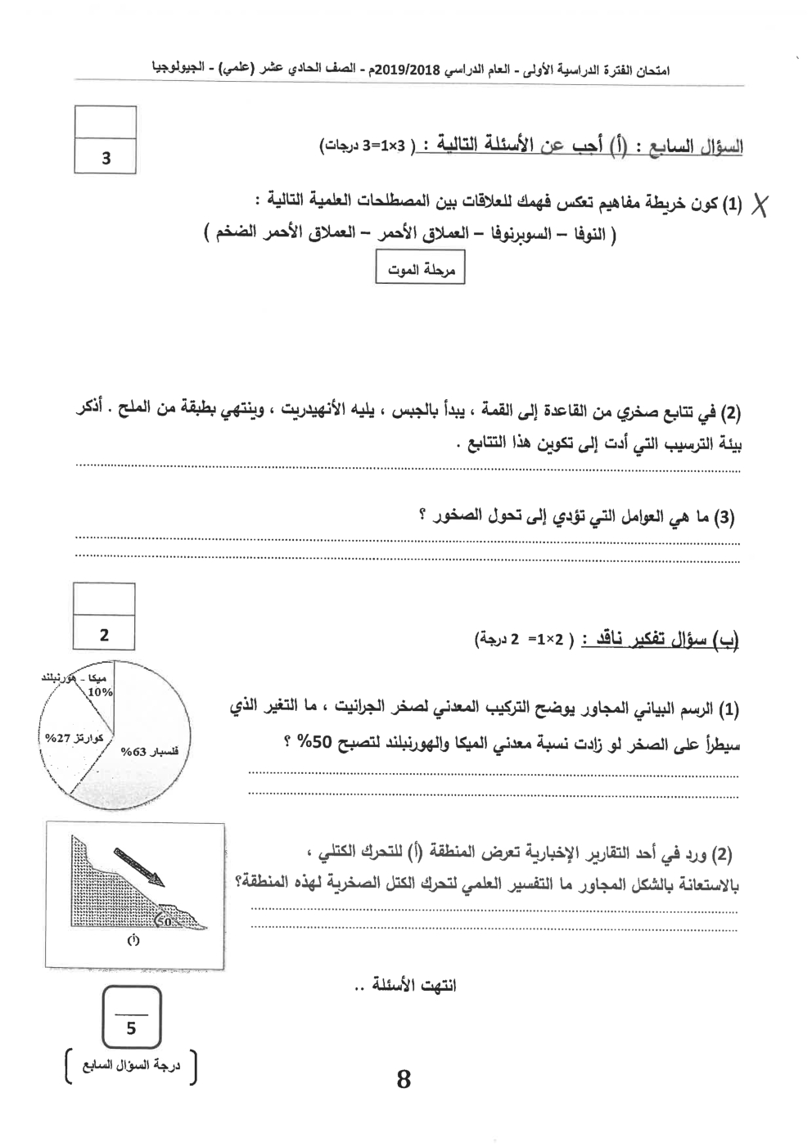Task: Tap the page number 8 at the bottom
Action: tap(403, 1079)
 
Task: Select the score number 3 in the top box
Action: tap(106, 158)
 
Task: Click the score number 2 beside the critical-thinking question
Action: tap(104, 634)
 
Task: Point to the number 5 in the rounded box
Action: tap(131, 1028)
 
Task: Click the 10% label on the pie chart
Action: tap(101, 692)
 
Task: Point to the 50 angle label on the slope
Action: tap(163, 921)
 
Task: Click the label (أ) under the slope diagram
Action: tap(133, 940)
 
